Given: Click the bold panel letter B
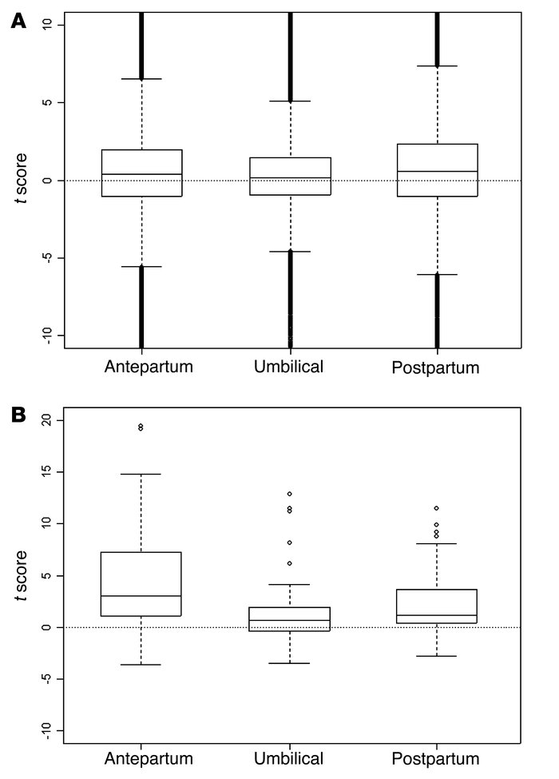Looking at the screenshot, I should point(18,416).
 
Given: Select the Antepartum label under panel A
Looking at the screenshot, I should point(141,368).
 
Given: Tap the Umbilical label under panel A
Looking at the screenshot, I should point(290,368).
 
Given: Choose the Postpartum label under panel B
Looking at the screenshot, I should point(438,758).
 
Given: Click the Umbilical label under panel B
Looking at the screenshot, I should point(290,758).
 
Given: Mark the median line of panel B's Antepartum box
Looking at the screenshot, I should point(141,596).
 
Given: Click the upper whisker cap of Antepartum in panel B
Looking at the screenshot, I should point(141,475).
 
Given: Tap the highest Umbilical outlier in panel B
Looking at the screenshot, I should point(290,494).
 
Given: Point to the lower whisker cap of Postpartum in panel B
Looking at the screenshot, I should point(438,656).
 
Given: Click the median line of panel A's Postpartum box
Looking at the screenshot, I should point(438,171).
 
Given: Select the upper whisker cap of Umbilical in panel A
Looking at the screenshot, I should point(290,101).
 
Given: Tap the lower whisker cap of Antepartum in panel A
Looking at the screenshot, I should point(141,266).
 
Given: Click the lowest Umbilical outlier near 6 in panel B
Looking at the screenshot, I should point(290,563).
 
